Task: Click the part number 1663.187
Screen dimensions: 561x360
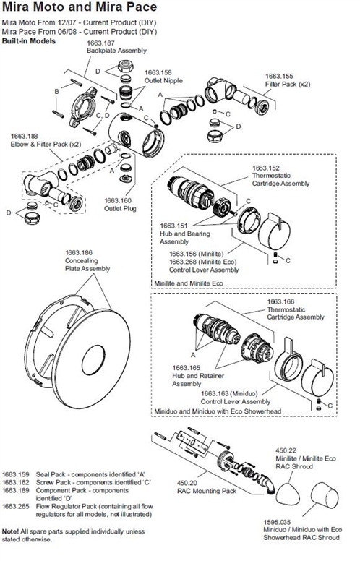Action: click(x=101, y=45)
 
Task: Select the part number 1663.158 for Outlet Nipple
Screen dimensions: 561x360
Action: click(x=158, y=73)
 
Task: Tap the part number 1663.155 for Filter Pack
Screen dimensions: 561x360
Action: click(x=279, y=76)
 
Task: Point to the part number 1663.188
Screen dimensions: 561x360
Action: click(x=25, y=135)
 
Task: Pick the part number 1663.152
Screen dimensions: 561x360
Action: click(x=266, y=168)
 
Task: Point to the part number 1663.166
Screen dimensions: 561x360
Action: click(x=281, y=301)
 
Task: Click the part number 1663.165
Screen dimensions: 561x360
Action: click(x=187, y=367)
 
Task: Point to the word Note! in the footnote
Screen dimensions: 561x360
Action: click(x=11, y=531)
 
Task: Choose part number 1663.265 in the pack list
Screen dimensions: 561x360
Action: click(x=16, y=507)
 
